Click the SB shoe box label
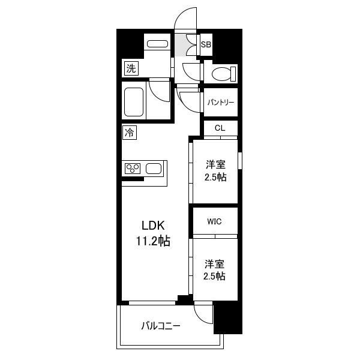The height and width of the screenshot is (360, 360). click(206, 44)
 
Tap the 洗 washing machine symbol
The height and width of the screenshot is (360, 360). click(131, 68)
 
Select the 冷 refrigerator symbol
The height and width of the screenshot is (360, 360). click(130, 133)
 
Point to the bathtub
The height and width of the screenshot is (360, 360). click(134, 102)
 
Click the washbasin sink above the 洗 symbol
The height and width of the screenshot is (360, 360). click(157, 44)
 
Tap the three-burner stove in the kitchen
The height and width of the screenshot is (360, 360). click(133, 169)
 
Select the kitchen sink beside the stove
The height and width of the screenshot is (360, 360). click(154, 169)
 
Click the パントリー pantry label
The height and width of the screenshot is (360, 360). click(221, 102)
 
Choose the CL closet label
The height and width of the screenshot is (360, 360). click(220, 128)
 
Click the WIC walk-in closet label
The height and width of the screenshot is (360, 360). click(214, 221)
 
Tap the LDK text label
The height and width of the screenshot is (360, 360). click(153, 226)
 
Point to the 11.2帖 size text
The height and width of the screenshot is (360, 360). click(153, 241)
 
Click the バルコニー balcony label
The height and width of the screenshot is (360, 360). click(161, 326)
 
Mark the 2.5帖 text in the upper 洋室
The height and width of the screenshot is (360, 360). click(215, 177)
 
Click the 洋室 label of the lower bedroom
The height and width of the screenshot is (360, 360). click(215, 264)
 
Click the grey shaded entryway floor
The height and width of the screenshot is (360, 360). click(181, 45)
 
